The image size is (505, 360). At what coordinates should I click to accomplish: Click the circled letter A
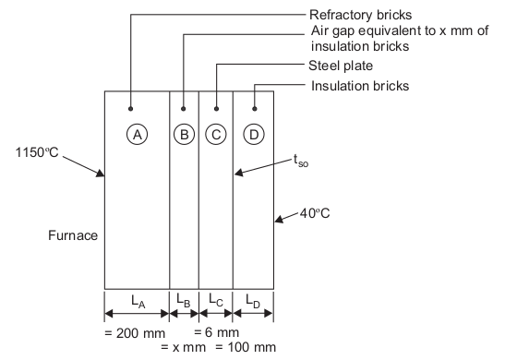pos(138,134)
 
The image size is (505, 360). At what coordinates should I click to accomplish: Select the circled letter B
pos(185,134)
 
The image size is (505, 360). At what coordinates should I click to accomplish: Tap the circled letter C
pos(216,134)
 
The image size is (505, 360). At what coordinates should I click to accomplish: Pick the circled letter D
pos(254,134)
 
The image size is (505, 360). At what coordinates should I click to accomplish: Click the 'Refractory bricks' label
pos(360,15)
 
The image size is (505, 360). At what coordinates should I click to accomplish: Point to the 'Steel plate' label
pos(341,66)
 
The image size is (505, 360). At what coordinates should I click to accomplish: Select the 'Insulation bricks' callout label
pos(360,86)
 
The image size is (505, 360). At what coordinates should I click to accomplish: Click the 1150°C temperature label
pos(37,152)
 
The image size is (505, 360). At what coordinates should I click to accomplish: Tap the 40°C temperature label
pos(315,213)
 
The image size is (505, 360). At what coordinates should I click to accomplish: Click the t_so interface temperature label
pos(301,161)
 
